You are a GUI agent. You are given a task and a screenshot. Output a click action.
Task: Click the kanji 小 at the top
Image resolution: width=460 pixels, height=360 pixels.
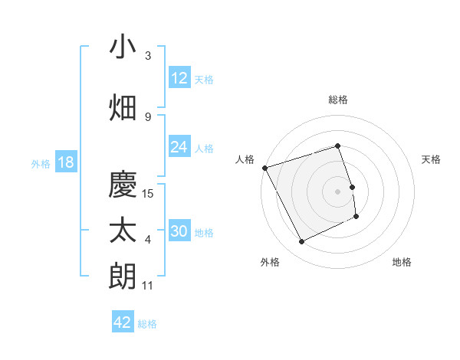[123, 47]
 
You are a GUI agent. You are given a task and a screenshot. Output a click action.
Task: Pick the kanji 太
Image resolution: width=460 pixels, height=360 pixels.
[123, 231]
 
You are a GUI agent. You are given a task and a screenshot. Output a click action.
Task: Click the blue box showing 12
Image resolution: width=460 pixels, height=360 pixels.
[179, 79]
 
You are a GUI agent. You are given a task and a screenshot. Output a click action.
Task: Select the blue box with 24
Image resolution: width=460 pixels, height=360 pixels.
[179, 148]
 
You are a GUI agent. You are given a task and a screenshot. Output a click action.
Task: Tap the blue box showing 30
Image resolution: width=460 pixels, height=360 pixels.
[179, 232]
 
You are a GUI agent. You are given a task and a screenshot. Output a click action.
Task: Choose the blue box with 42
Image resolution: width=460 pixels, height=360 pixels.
[123, 322]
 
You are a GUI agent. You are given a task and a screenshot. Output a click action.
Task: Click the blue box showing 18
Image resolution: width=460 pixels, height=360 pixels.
[65, 163]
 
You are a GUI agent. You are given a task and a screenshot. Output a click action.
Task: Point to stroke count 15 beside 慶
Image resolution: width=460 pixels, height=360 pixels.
[149, 194]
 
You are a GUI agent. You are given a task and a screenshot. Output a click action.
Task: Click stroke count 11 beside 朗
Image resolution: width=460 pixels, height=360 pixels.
[148, 286]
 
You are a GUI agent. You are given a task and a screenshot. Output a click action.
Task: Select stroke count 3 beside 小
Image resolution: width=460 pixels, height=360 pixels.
[148, 56]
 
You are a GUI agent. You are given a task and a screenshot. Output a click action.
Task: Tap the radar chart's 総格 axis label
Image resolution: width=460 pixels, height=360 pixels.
[338, 100]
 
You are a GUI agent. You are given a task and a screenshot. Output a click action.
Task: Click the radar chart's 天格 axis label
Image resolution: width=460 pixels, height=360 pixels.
[431, 159]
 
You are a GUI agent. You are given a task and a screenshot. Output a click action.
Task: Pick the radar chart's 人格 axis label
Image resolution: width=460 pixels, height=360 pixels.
[245, 159]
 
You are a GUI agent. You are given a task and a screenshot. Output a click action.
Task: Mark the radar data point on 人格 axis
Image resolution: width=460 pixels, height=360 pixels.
[264, 168]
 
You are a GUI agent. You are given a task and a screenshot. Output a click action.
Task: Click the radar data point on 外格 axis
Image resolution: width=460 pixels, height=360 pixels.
[301, 242]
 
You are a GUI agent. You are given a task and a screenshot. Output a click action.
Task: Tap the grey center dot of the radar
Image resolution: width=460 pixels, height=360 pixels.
[338, 191]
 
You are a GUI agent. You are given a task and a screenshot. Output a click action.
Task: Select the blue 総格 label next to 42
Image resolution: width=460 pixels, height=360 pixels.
[147, 324]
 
